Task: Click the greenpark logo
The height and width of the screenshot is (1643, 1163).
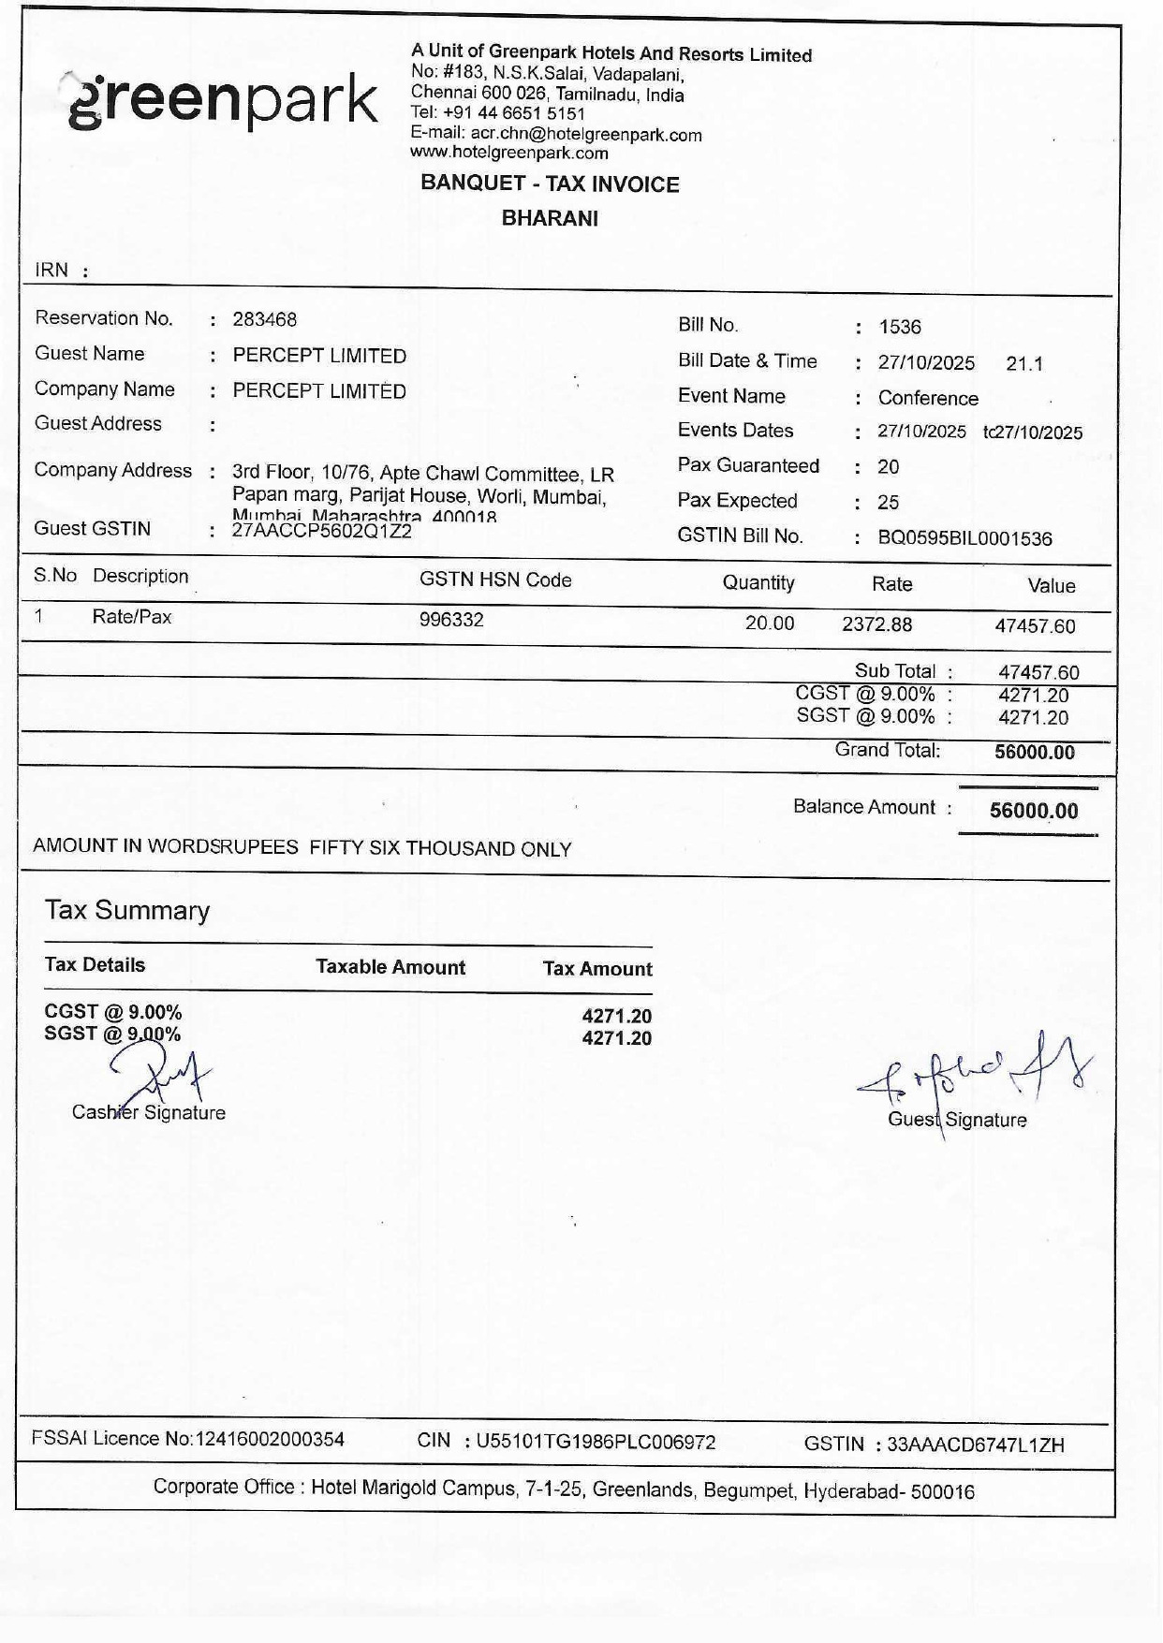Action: coord(223,100)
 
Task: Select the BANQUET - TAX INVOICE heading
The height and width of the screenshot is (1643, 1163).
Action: coord(550,183)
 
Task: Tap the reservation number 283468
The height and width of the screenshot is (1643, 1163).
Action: coord(264,319)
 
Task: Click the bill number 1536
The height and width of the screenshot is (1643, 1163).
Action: coord(899,327)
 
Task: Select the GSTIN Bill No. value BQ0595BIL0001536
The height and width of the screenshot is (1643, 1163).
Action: coord(964,538)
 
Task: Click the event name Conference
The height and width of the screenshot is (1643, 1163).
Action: coord(927,398)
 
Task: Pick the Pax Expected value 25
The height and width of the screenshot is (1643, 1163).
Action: coord(888,502)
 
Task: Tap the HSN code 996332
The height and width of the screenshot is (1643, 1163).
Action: coord(451,620)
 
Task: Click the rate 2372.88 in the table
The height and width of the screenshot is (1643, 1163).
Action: coord(876,624)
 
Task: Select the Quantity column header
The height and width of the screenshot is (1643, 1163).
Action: coord(758,582)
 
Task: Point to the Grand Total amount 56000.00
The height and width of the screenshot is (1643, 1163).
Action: coord(1034,752)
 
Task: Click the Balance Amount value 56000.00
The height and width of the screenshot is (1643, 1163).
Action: coord(1034,811)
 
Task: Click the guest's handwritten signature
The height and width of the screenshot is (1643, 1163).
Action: coord(974,1077)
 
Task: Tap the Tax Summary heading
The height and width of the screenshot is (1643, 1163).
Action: coord(127,910)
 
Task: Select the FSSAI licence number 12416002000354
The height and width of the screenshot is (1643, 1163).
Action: coord(268,1439)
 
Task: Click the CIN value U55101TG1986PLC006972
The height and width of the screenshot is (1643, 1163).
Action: coord(596,1442)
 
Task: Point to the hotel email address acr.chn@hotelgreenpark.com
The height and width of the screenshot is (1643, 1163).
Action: coord(585,134)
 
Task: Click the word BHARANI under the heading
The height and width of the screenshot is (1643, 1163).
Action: coord(550,218)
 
